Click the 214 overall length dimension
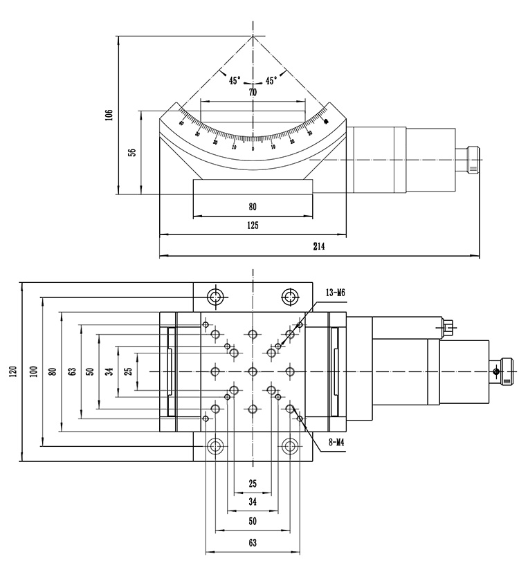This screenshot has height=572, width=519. click(319, 246)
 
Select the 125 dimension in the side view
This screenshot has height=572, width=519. click(253, 225)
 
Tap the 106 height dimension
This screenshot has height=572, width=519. click(109, 114)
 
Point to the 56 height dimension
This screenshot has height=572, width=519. click(131, 152)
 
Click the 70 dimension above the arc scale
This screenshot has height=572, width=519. click(253, 92)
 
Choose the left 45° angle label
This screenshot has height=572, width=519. click(235, 80)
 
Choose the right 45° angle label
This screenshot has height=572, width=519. click(271, 80)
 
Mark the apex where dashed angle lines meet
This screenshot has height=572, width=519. click(253, 37)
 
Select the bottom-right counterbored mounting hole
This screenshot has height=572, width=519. click(290, 446)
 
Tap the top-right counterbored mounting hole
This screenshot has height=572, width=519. click(290, 297)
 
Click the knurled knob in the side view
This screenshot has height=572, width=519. click(473, 160)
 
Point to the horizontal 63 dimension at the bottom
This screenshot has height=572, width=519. click(253, 544)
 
